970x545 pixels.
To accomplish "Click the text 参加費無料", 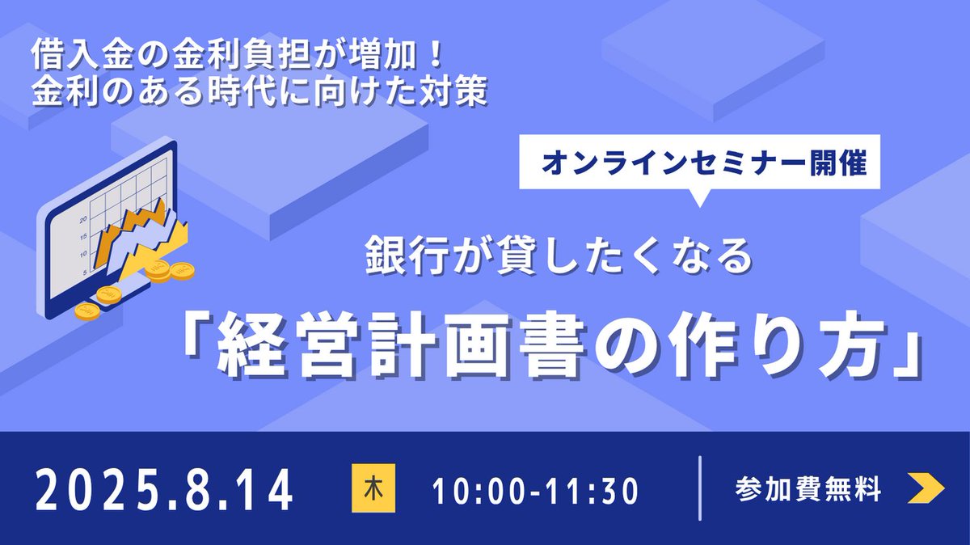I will pyautogui.click(x=808, y=489).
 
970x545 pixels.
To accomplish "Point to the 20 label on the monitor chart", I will pyautogui.click(x=82, y=219).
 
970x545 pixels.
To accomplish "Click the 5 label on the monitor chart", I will pyautogui.click(x=84, y=272).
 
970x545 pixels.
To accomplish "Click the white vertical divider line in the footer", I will pyautogui.click(x=700, y=488).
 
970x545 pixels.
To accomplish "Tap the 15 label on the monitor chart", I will pyautogui.click(x=83, y=236).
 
